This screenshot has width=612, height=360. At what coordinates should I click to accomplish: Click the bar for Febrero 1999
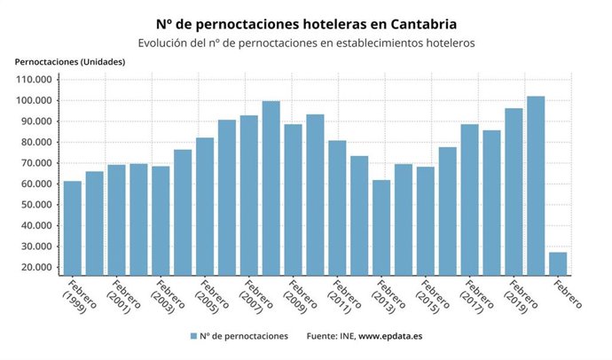tap(72, 228)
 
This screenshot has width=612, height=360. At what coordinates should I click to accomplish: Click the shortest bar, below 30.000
tap(558, 263)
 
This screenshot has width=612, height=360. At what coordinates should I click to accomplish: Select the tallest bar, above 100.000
tap(536, 185)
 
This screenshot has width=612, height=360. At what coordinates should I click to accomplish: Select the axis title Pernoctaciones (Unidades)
tap(70, 61)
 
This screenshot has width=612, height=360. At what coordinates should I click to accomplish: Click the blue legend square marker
tap(192, 337)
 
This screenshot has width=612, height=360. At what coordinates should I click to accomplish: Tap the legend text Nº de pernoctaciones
tap(244, 337)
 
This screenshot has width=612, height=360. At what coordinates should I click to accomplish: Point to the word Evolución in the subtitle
tap(167, 42)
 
